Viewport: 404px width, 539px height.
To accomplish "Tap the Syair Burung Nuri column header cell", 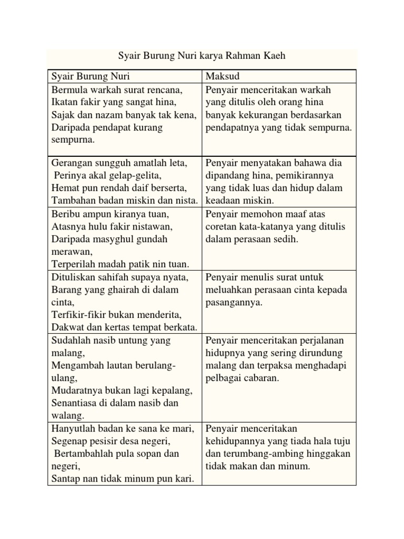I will (125, 76).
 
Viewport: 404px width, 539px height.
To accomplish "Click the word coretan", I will (223, 226).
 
